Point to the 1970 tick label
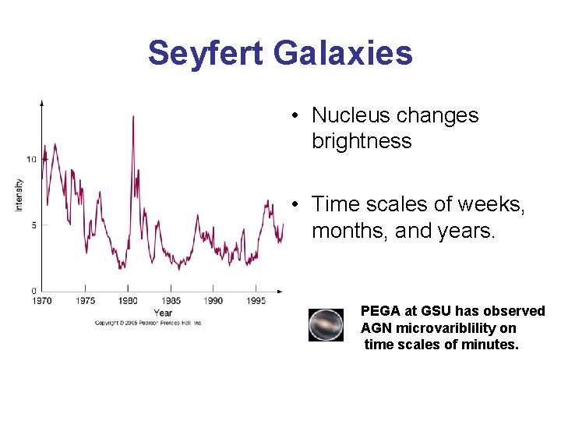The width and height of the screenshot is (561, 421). (x=42, y=300)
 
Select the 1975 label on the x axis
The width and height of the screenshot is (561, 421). (x=86, y=300)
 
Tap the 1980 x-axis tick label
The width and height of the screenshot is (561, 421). (x=128, y=300)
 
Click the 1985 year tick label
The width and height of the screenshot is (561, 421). (x=171, y=300)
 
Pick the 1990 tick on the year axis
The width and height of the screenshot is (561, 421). (x=213, y=300)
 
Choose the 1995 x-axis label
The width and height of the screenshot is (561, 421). (x=256, y=300)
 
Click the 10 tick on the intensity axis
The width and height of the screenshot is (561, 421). (x=31, y=159)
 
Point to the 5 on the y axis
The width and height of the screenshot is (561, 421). (x=33, y=225)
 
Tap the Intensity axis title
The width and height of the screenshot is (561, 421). (x=19, y=195)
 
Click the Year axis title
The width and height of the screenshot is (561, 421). (x=163, y=313)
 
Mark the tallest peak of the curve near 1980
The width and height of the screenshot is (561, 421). (x=133, y=117)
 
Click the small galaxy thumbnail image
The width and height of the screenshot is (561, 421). (x=325, y=325)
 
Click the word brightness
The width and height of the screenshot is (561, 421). (x=361, y=141)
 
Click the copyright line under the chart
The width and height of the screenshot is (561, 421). (x=148, y=323)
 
